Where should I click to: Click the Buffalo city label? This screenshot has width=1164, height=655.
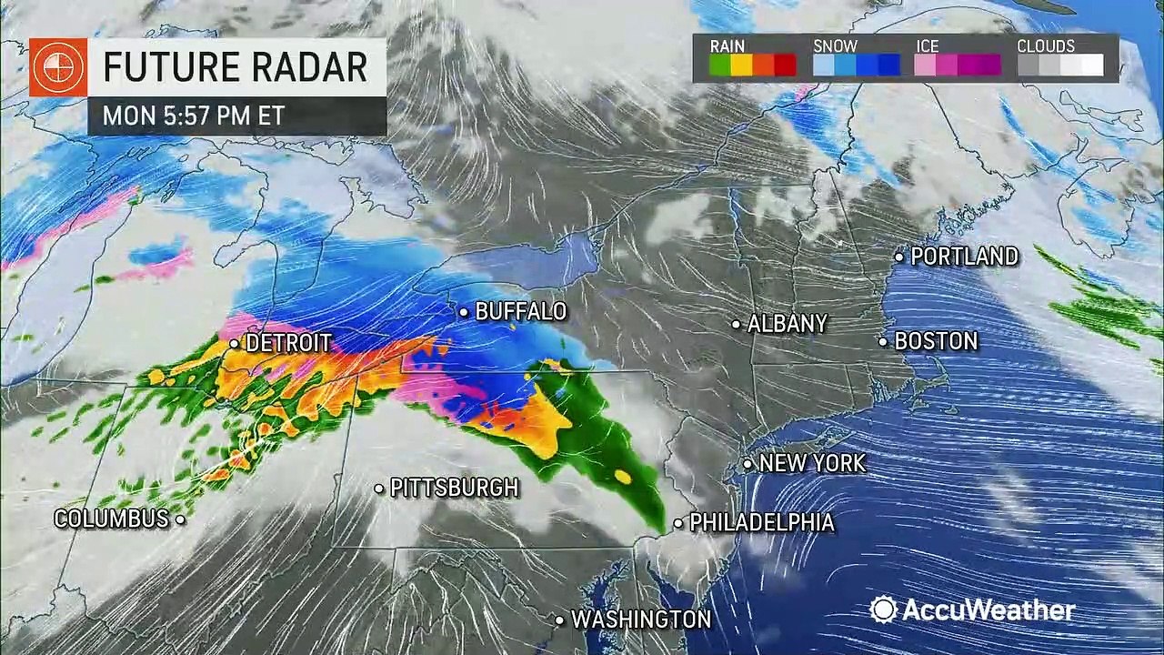(521, 312)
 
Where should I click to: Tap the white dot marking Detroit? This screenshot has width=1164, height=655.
(234, 344)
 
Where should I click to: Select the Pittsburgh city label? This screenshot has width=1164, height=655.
(454, 489)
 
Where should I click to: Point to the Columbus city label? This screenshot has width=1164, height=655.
(111, 519)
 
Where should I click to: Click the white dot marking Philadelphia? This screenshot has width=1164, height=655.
(678, 524)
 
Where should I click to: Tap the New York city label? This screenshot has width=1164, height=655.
(812, 463)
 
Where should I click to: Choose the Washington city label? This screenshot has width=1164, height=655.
(641, 620)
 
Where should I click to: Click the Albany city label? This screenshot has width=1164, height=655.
(788, 324)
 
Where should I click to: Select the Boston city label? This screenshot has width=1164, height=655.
(936, 341)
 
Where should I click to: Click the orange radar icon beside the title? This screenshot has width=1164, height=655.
(58, 67)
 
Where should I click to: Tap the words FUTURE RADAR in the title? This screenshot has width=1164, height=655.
(235, 67)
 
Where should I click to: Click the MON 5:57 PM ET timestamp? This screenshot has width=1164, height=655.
(194, 116)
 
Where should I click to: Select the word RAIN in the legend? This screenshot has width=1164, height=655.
(727, 45)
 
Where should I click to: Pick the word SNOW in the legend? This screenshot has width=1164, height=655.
(834, 45)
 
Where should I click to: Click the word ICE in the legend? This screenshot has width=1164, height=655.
(928, 45)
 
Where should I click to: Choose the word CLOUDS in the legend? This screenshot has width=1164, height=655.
(1046, 45)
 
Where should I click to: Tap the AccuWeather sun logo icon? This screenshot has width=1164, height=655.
(883, 610)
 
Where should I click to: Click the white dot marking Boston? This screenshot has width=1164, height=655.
(883, 342)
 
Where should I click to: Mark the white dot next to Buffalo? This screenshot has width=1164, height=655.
(464, 312)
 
